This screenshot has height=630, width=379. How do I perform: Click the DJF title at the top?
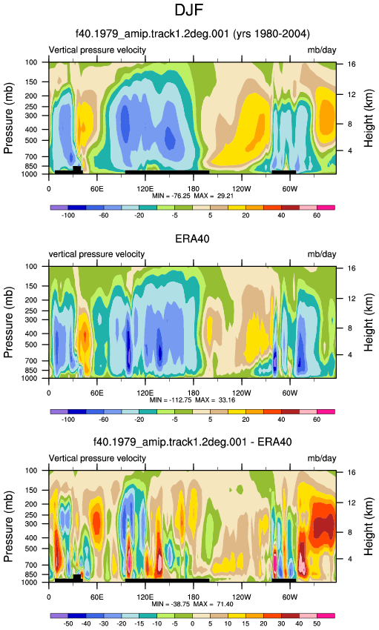tap(189, 10)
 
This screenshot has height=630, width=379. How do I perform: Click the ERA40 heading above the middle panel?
tap(193, 239)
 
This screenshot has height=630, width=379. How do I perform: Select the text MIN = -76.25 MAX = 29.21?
tap(193, 196)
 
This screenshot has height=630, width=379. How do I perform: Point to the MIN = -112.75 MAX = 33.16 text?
tap(193, 399)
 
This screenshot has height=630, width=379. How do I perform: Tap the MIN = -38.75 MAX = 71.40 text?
tap(193, 604)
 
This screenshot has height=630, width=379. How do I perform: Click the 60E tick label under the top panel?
tap(97, 189)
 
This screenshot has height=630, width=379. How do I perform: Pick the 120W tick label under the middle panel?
tap(241, 393)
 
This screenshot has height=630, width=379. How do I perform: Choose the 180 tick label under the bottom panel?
tap(194, 597)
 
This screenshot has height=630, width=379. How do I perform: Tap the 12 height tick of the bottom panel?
tap(352, 503)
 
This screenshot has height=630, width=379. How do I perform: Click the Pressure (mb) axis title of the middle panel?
tap(9, 322)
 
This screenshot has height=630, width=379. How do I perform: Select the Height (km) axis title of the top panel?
tap(369, 118)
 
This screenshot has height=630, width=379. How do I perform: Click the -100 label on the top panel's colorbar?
tap(68, 216)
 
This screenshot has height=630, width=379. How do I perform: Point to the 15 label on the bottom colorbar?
tap(245, 623)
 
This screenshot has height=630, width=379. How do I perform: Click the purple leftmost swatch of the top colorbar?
tap(59, 208)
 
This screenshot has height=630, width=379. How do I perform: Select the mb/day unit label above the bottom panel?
tap(322, 459)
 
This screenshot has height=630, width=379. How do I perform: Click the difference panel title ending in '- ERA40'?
tap(193, 442)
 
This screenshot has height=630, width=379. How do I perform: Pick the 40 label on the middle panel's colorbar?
tap(281, 420)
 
